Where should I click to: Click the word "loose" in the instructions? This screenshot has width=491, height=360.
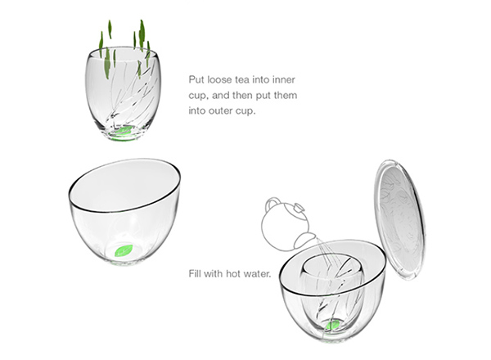pyautogui.click(x=218, y=79)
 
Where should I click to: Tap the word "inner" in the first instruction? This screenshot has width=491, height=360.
pyautogui.click(x=283, y=79)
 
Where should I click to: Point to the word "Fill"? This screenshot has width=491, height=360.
pyautogui.click(x=195, y=273)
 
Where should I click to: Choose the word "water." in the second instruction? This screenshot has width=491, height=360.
pyautogui.click(x=257, y=274)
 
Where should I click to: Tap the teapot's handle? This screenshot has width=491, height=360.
pyautogui.click(x=273, y=203)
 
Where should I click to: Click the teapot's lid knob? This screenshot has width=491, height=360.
pyautogui.click(x=299, y=208)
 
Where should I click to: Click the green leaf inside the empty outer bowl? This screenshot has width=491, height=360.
pyautogui.click(x=124, y=250)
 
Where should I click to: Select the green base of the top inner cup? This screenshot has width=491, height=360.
pyautogui.click(x=123, y=133)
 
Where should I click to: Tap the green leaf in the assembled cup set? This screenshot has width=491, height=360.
pyautogui.click(x=333, y=326)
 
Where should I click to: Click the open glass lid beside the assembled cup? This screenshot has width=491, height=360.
pyautogui.click(x=401, y=219)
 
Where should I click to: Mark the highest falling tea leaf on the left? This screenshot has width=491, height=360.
pyautogui.click(x=110, y=29)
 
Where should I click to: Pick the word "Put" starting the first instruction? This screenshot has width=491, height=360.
pyautogui.click(x=196, y=79)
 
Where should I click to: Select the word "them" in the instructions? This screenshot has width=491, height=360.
pyautogui.click(x=286, y=95)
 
